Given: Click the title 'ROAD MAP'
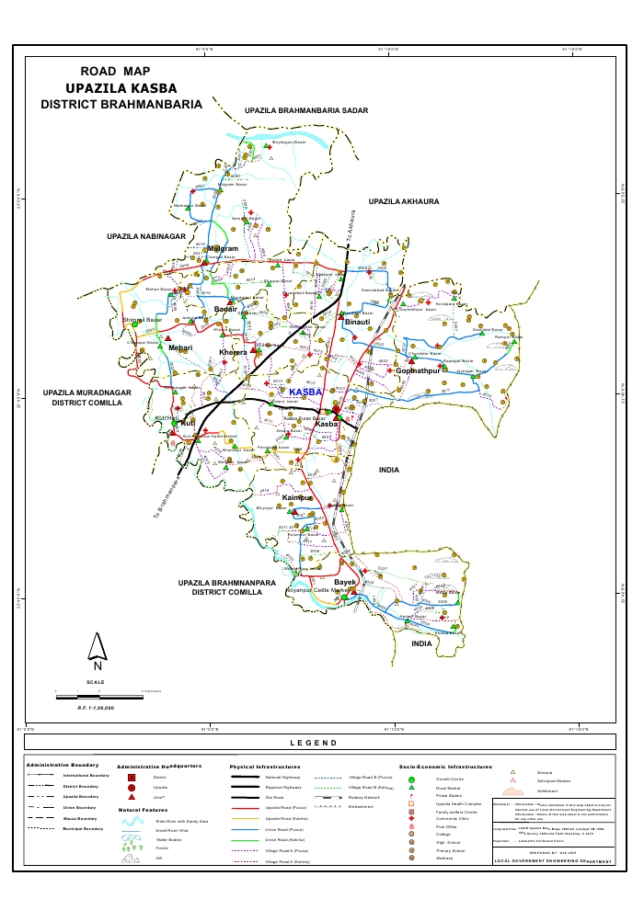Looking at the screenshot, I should pyautogui.click(x=115, y=72).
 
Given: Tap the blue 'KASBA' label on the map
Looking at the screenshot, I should pyautogui.click(x=306, y=392).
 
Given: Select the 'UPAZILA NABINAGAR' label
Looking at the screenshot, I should pyautogui.click(x=146, y=237).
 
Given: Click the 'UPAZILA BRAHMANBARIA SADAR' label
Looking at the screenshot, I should pyautogui.click(x=306, y=110).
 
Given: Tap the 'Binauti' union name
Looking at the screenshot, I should pyautogui.click(x=357, y=323).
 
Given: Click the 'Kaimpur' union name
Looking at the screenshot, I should pyautogui.click(x=299, y=497).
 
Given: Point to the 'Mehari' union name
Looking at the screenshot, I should pyautogui.click(x=179, y=348).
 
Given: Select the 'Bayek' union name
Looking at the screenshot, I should pyautogui.click(x=344, y=583).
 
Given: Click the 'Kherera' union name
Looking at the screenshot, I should pyautogui.click(x=234, y=352).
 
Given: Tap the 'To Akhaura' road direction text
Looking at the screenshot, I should pyautogui.click(x=350, y=226).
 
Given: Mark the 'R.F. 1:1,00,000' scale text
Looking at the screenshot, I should pyautogui.click(x=96, y=709).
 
